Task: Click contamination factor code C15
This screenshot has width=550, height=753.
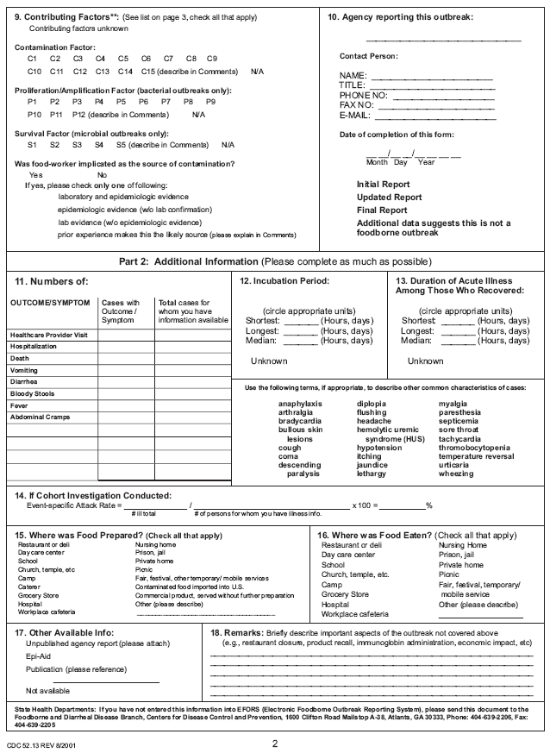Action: tap(149, 71)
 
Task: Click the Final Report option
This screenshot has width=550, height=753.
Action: tap(382, 210)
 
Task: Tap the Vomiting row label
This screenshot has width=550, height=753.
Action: tap(26, 369)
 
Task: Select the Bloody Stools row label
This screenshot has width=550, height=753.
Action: tap(34, 393)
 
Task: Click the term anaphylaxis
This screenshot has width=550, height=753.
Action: tap(300, 403)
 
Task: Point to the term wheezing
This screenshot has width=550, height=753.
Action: tap(455, 473)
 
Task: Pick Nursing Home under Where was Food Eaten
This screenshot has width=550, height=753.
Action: tap(462, 545)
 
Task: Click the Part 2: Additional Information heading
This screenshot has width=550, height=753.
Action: tap(274, 261)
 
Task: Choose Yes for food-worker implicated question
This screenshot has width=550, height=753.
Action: tap(35, 174)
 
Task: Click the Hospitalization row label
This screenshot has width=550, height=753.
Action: tap(34, 345)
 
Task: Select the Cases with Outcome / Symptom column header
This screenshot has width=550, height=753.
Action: tap(120, 311)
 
